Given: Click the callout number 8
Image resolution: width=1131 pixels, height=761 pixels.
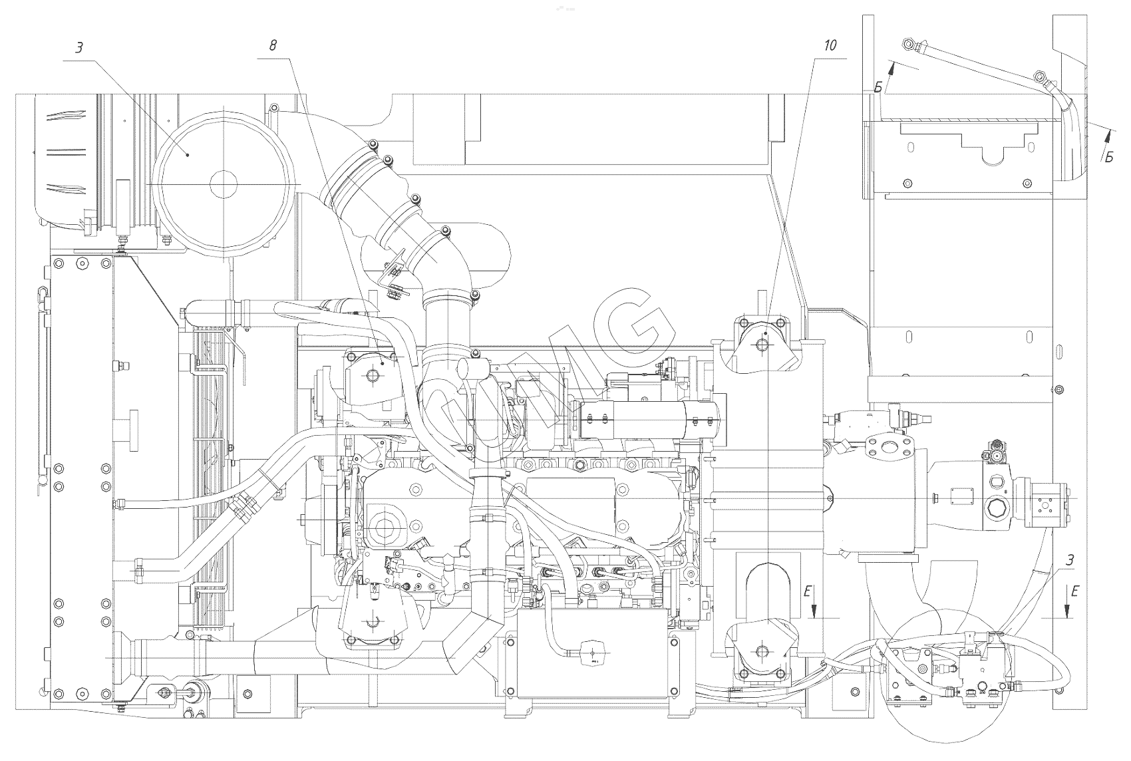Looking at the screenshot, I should pos(273,45).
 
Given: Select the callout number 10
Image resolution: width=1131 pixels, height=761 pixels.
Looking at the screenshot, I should pos(830,45).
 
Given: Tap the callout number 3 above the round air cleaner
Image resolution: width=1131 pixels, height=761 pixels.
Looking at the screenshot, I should pos(79,48).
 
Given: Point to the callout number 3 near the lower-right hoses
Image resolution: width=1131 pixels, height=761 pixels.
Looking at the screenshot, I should pos(1069,560).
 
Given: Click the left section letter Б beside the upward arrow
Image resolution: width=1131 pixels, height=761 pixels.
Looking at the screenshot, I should pos(878,88).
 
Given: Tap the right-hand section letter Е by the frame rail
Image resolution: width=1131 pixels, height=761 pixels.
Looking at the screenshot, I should pos(1076,590).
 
